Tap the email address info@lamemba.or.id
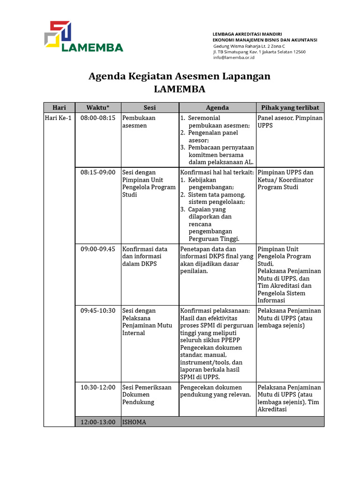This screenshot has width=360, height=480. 233,58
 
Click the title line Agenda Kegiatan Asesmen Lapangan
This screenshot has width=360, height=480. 180,76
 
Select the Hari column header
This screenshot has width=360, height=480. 59,107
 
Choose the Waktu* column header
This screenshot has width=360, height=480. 97,107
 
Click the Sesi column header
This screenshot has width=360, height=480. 150,107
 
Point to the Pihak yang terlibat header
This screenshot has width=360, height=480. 290,107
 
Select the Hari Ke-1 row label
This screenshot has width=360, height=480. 58,118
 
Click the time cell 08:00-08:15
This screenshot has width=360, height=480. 97,118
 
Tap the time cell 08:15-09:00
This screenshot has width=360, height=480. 97,172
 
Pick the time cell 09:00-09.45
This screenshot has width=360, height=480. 97,249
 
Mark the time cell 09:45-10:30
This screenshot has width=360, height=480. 97,311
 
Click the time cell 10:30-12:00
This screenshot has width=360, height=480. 97,387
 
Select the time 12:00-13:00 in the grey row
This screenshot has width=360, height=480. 97,422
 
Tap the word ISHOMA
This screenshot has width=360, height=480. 134,422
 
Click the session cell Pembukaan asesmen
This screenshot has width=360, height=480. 139,122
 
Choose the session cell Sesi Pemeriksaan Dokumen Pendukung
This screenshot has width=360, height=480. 147,395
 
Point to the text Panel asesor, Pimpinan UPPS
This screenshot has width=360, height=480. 290,122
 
